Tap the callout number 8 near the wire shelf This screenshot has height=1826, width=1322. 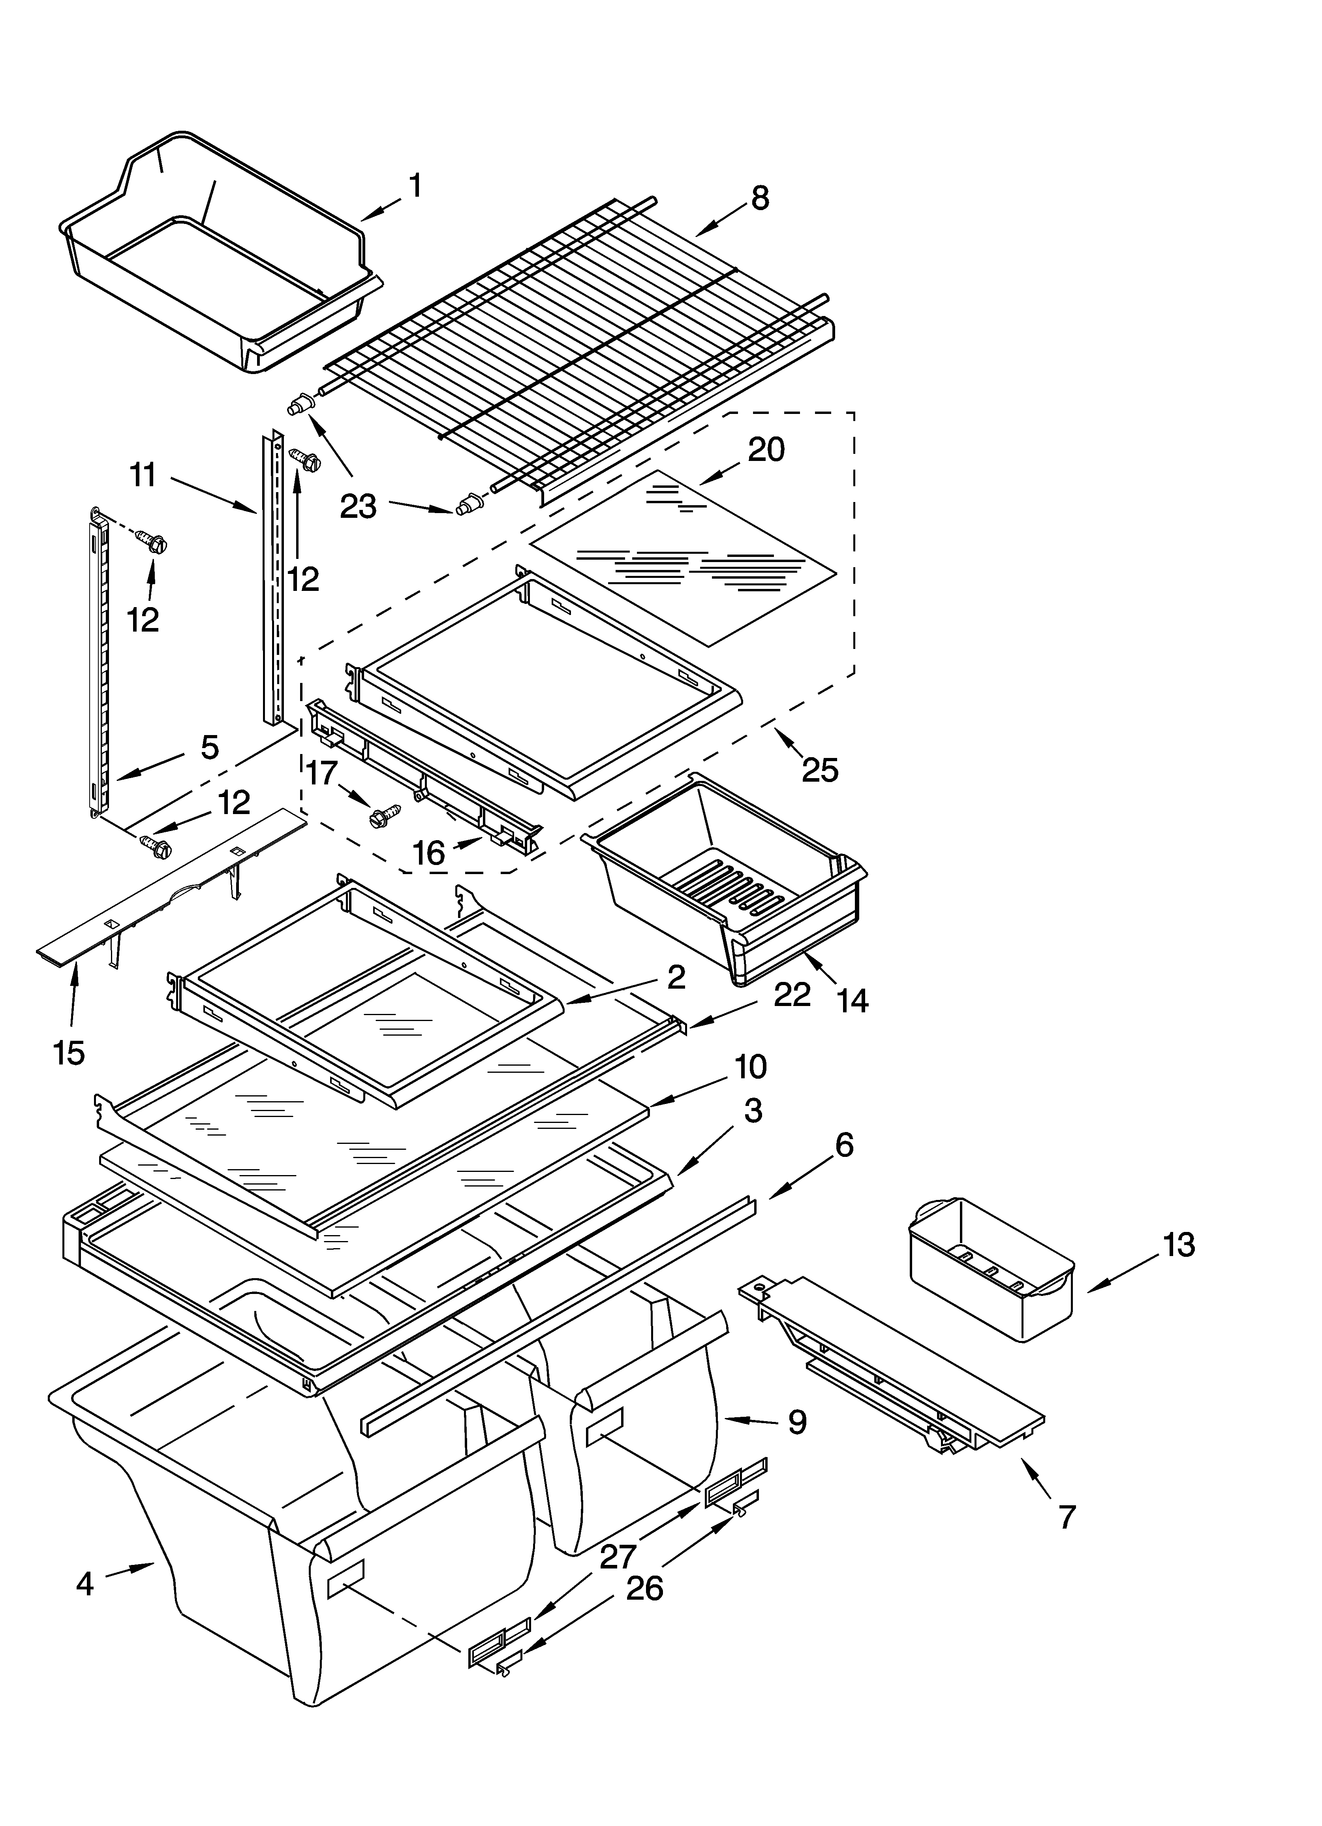tap(759, 198)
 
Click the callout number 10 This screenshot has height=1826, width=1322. tap(749, 1067)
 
